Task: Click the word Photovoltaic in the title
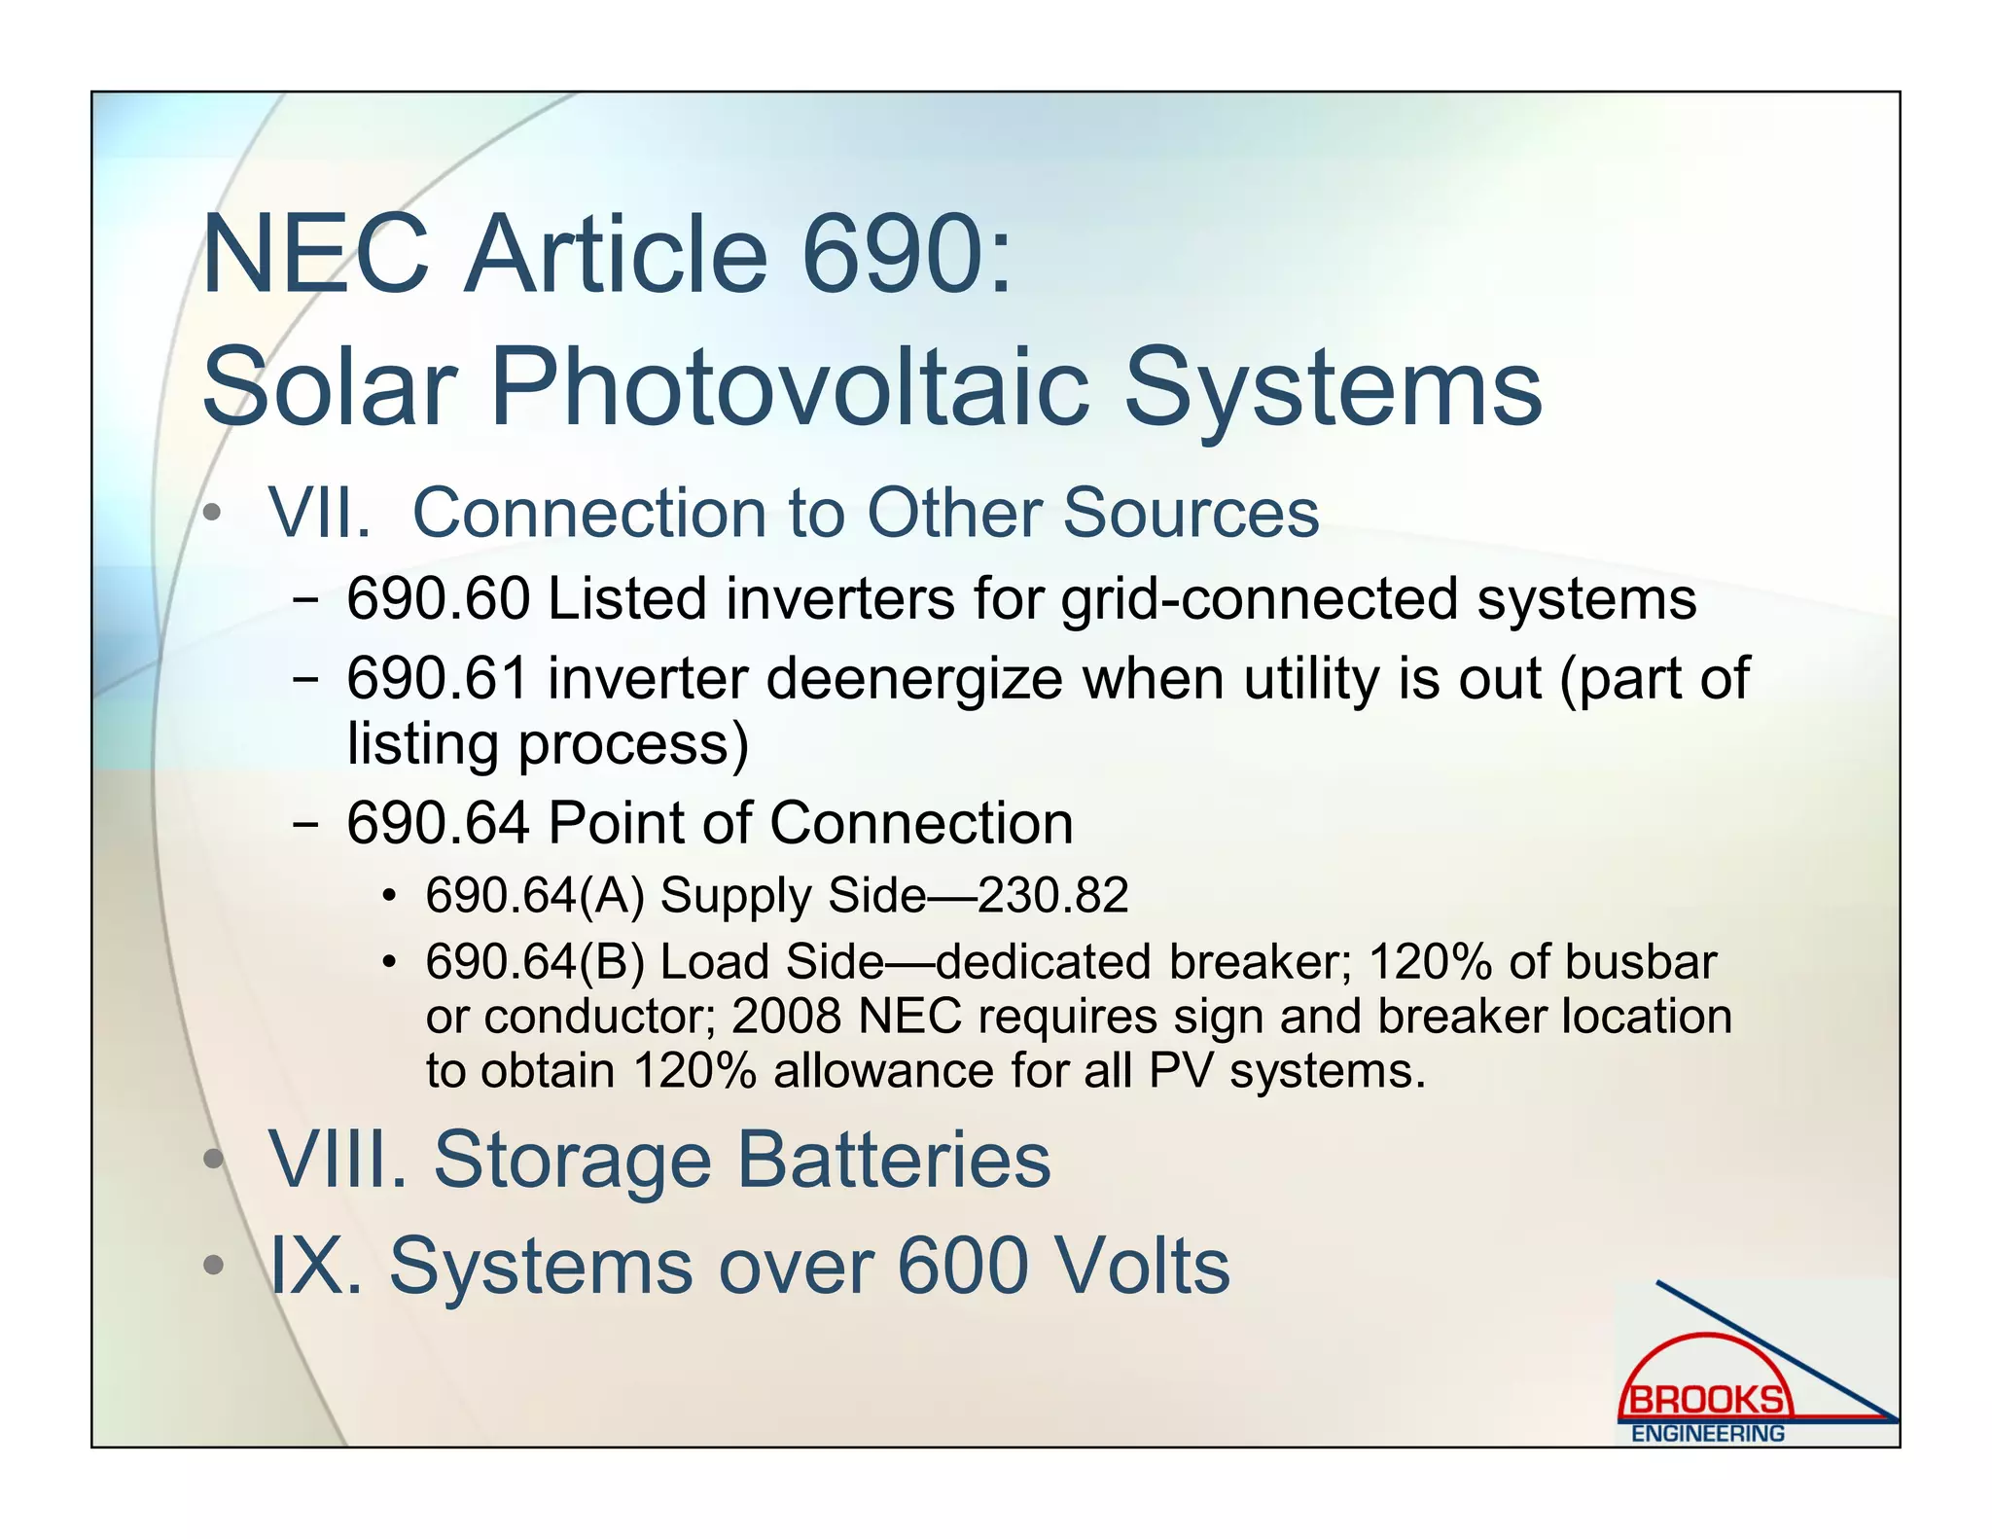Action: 790,388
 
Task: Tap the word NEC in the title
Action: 315,255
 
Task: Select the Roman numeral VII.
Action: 319,513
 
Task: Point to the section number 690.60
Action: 438,598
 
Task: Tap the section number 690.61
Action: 438,678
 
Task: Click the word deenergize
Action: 914,680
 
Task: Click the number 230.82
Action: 1052,895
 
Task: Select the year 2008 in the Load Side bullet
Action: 786,1017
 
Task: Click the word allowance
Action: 882,1071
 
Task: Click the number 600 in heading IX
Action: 962,1267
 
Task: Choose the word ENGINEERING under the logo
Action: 1707,1434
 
